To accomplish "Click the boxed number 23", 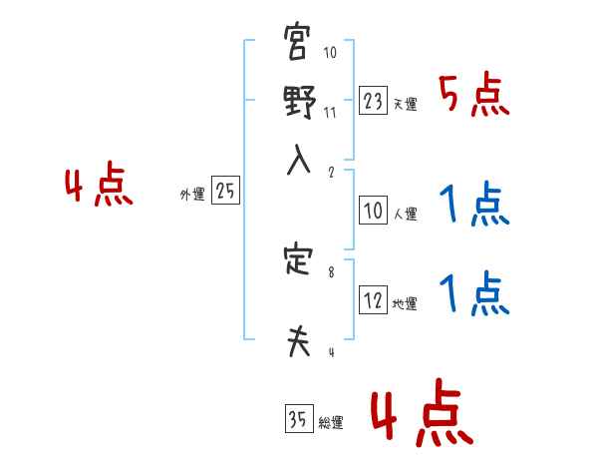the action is coord(373,101).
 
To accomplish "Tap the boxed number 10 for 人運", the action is coord(373,212).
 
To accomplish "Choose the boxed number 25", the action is coord(225,192).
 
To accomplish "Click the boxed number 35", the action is coord(298,420).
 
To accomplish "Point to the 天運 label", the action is coord(406,104).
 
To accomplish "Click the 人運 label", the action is coord(406,214).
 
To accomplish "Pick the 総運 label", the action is coord(331,423).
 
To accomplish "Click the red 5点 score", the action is coord(473,97).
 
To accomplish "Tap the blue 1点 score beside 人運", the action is coord(473,207).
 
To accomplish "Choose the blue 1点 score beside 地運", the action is coord(473,296).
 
